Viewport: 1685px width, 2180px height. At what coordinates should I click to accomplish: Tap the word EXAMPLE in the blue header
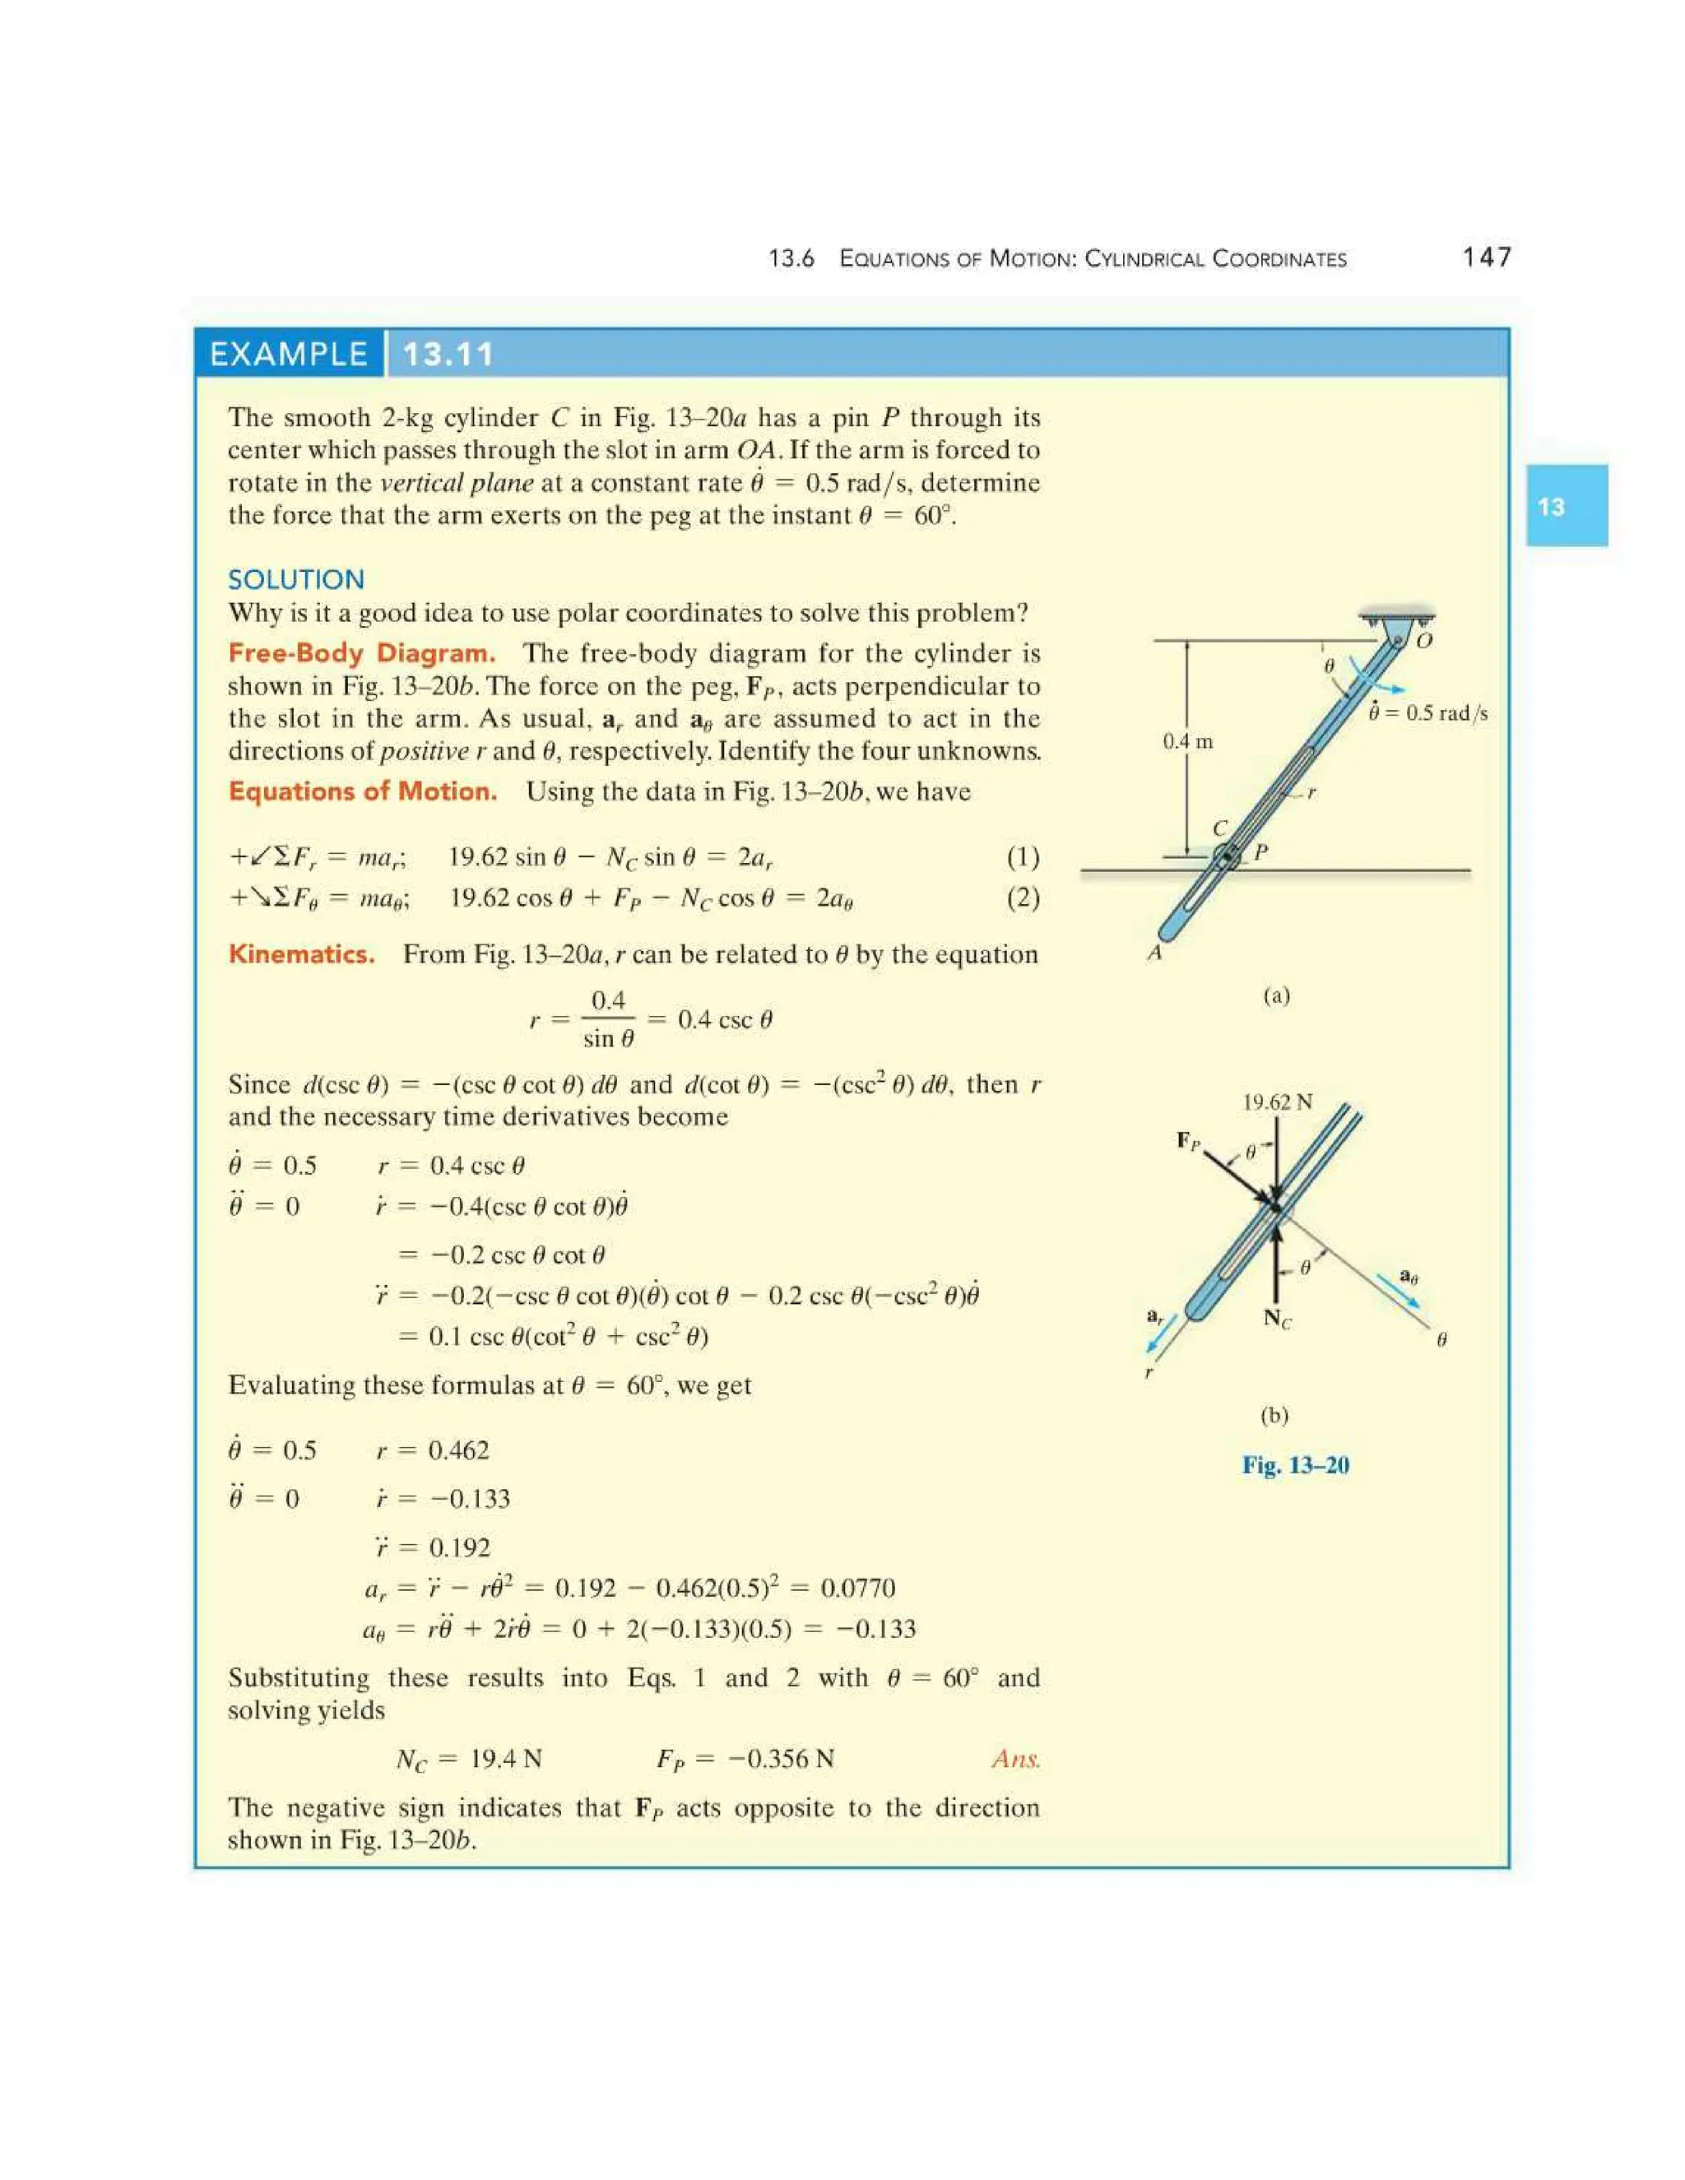click(x=289, y=355)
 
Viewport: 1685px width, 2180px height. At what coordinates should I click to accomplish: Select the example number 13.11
click(x=448, y=355)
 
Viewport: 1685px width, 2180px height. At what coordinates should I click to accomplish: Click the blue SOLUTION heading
click(x=295, y=579)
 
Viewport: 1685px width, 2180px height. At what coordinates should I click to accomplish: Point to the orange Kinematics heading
click(x=301, y=953)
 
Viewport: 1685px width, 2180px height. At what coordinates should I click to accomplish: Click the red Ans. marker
click(x=1015, y=1758)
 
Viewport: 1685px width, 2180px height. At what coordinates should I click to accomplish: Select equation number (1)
click(x=1022, y=856)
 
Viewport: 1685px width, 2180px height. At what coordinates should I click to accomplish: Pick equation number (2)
click(x=1022, y=898)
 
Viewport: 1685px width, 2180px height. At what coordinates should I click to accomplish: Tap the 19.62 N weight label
click(x=1277, y=1102)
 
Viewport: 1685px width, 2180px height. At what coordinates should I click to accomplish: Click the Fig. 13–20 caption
click(x=1295, y=1464)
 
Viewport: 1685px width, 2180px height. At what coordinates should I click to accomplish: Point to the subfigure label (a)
click(x=1276, y=995)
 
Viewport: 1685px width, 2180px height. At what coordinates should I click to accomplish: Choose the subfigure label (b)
click(x=1274, y=1414)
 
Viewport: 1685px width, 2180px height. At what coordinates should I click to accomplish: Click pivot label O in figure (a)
click(x=1424, y=640)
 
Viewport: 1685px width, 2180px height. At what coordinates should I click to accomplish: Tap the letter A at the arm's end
click(x=1155, y=953)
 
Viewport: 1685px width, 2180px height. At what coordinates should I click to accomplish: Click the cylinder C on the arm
click(x=1228, y=856)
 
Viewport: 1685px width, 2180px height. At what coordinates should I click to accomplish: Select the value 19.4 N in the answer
click(x=505, y=1758)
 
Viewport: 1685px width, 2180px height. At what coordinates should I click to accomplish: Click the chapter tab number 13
click(x=1550, y=506)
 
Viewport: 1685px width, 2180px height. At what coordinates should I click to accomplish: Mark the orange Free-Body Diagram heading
click(x=361, y=653)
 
